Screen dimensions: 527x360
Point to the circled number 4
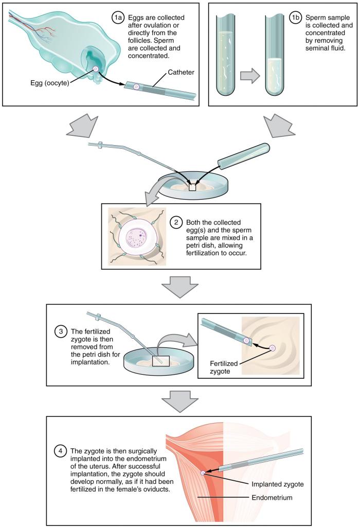[x=61, y=450]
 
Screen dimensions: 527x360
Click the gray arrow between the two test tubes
[x=249, y=75]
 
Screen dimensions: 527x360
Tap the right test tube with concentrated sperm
[x=278, y=57]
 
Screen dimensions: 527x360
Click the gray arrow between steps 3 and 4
[x=179, y=399]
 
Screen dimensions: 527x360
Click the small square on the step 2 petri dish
[x=193, y=187]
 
